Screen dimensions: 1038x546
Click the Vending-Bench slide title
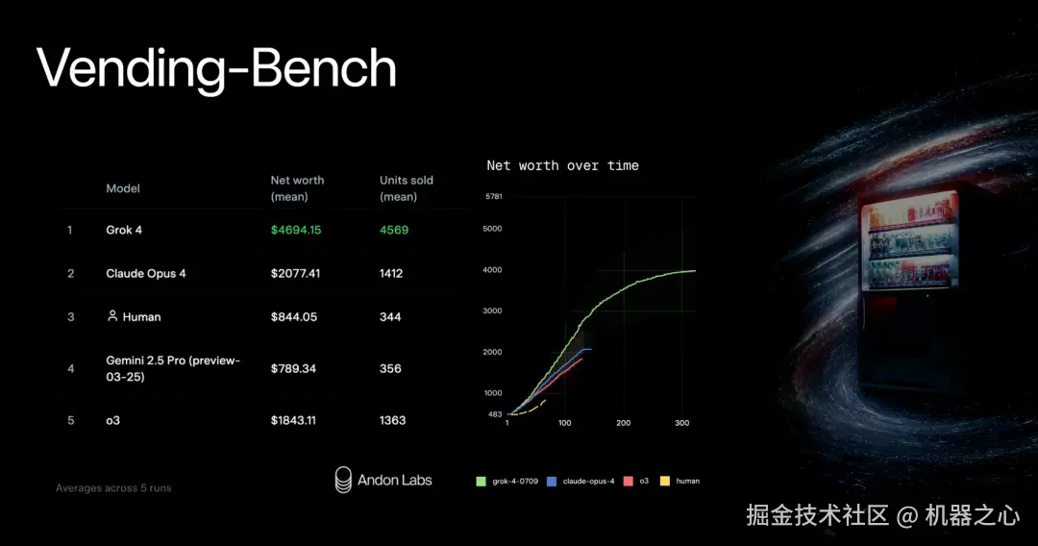click(216, 69)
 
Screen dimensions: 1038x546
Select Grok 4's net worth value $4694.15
click(296, 230)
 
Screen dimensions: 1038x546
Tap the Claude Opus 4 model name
click(146, 273)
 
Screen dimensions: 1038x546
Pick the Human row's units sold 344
click(390, 317)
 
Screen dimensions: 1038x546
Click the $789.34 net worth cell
click(293, 368)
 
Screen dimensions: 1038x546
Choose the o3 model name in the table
click(113, 420)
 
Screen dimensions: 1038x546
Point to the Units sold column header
click(406, 188)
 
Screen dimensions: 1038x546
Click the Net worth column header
click(297, 188)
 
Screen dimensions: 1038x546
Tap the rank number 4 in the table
click(71, 368)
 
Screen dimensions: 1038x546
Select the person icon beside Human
click(112, 315)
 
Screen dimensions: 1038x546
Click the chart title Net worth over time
click(562, 165)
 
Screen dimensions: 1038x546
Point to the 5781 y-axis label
click(494, 196)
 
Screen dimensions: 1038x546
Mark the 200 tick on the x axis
click(624, 423)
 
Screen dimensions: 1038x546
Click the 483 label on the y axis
click(495, 414)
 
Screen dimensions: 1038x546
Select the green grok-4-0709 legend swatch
click(481, 482)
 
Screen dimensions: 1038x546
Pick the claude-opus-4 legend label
click(588, 482)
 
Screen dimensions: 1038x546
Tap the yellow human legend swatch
click(665, 482)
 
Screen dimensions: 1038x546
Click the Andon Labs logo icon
click(343, 480)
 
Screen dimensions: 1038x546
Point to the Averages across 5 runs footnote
click(113, 487)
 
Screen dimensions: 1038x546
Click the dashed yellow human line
click(529, 409)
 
